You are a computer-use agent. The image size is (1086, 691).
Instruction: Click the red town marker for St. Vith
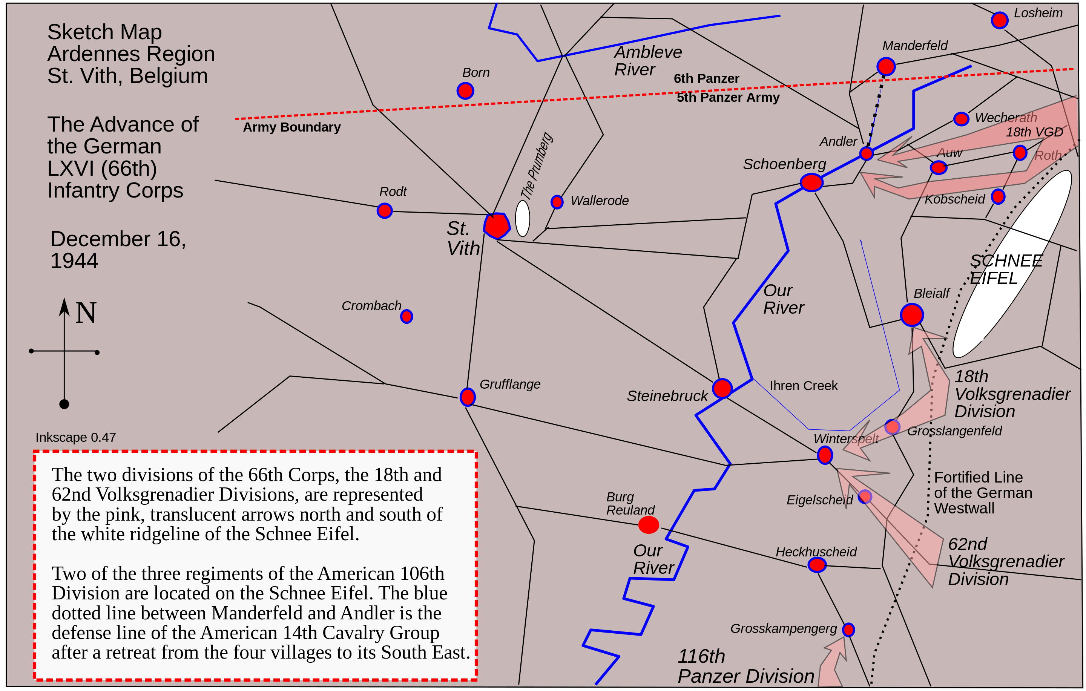497,225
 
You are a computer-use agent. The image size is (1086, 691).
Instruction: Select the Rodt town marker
384,210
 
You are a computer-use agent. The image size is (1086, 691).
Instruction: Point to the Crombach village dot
406,316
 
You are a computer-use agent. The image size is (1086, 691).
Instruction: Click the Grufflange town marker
467,397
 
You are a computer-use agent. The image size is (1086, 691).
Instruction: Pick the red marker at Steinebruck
722,388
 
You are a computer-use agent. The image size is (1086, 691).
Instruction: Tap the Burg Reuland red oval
649,525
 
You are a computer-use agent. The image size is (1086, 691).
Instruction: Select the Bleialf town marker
911,315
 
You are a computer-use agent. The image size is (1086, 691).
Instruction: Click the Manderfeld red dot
886,67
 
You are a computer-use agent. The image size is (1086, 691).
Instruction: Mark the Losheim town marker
999,20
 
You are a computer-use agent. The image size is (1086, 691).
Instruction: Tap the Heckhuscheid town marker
817,564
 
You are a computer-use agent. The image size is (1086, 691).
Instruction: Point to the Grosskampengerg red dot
848,630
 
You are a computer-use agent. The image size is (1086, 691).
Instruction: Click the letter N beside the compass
86,313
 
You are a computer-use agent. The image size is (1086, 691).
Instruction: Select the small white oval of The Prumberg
522,219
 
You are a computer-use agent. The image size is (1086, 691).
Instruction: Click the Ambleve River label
647,61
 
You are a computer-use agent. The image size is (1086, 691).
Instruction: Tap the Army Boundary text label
292,127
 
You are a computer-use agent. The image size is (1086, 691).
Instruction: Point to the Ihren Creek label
803,386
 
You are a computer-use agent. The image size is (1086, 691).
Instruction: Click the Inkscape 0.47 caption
76,438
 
